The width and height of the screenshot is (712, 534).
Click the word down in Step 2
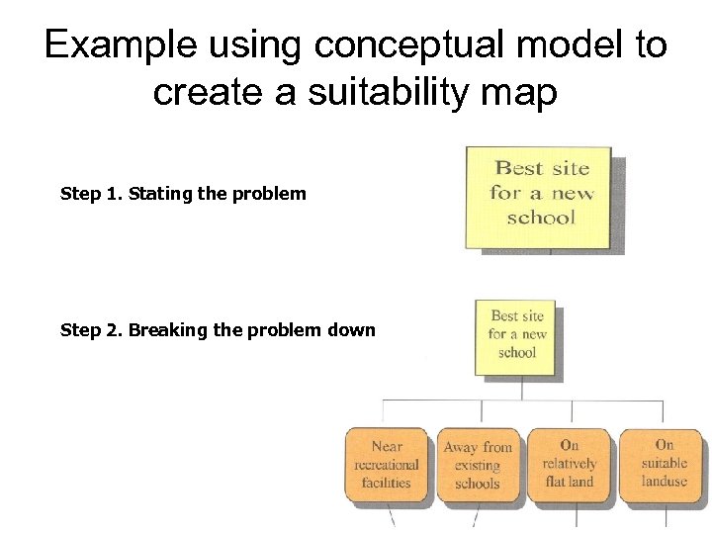pos(354,330)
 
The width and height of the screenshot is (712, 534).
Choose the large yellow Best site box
pos(540,198)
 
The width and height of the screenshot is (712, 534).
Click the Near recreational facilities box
pos(387,465)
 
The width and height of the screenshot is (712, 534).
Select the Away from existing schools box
pos(478,465)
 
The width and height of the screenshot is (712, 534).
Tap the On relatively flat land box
pos(569,465)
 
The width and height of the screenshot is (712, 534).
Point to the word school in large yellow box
pos(540,218)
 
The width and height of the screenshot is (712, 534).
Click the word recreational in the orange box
pos(387,465)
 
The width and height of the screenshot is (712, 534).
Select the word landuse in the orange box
pos(664,482)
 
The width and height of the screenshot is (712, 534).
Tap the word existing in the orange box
pos(478,465)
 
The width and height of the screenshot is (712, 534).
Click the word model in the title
pos(532,45)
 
